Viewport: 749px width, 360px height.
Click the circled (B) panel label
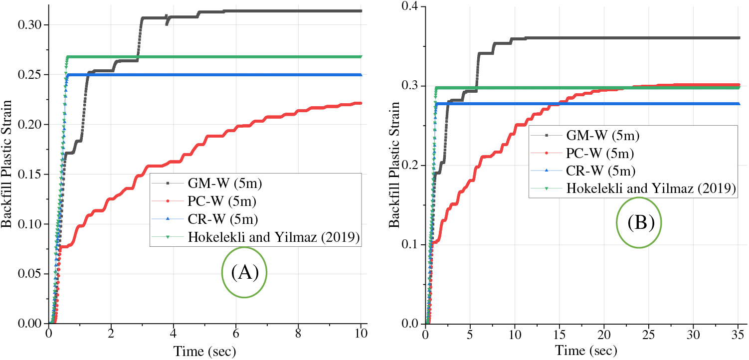(x=639, y=222)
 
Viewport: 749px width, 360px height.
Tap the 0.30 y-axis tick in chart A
(x=33, y=25)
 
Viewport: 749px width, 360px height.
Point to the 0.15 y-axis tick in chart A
(x=33, y=175)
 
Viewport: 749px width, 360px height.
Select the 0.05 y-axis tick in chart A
(x=33, y=274)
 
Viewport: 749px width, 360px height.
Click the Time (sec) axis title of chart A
(x=204, y=351)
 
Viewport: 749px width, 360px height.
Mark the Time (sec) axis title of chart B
(x=580, y=351)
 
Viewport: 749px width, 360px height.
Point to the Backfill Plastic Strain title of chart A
(x=6, y=165)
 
